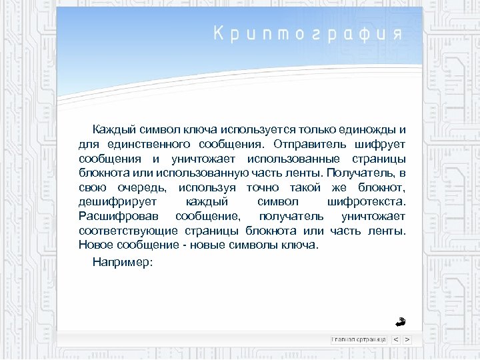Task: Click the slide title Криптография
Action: coord(307,34)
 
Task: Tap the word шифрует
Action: coord(381,143)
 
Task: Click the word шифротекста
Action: coord(366,202)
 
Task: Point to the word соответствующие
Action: coord(127,231)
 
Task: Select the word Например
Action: coord(123,262)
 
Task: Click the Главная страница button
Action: coord(359,339)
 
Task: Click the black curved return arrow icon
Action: coord(400,322)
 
